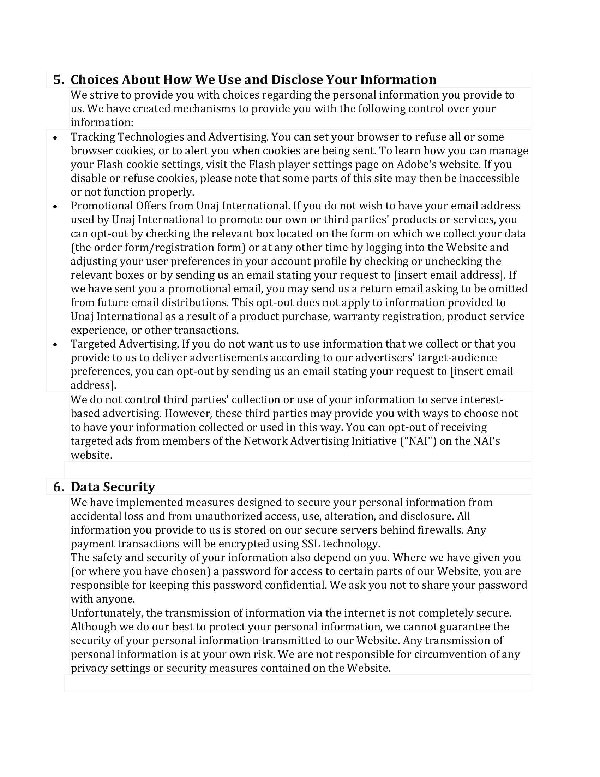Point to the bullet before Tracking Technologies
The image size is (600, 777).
click(x=55, y=138)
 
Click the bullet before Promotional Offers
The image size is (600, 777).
click(x=55, y=207)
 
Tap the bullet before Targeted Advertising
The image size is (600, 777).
click(x=55, y=345)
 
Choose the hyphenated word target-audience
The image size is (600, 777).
click(x=457, y=357)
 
